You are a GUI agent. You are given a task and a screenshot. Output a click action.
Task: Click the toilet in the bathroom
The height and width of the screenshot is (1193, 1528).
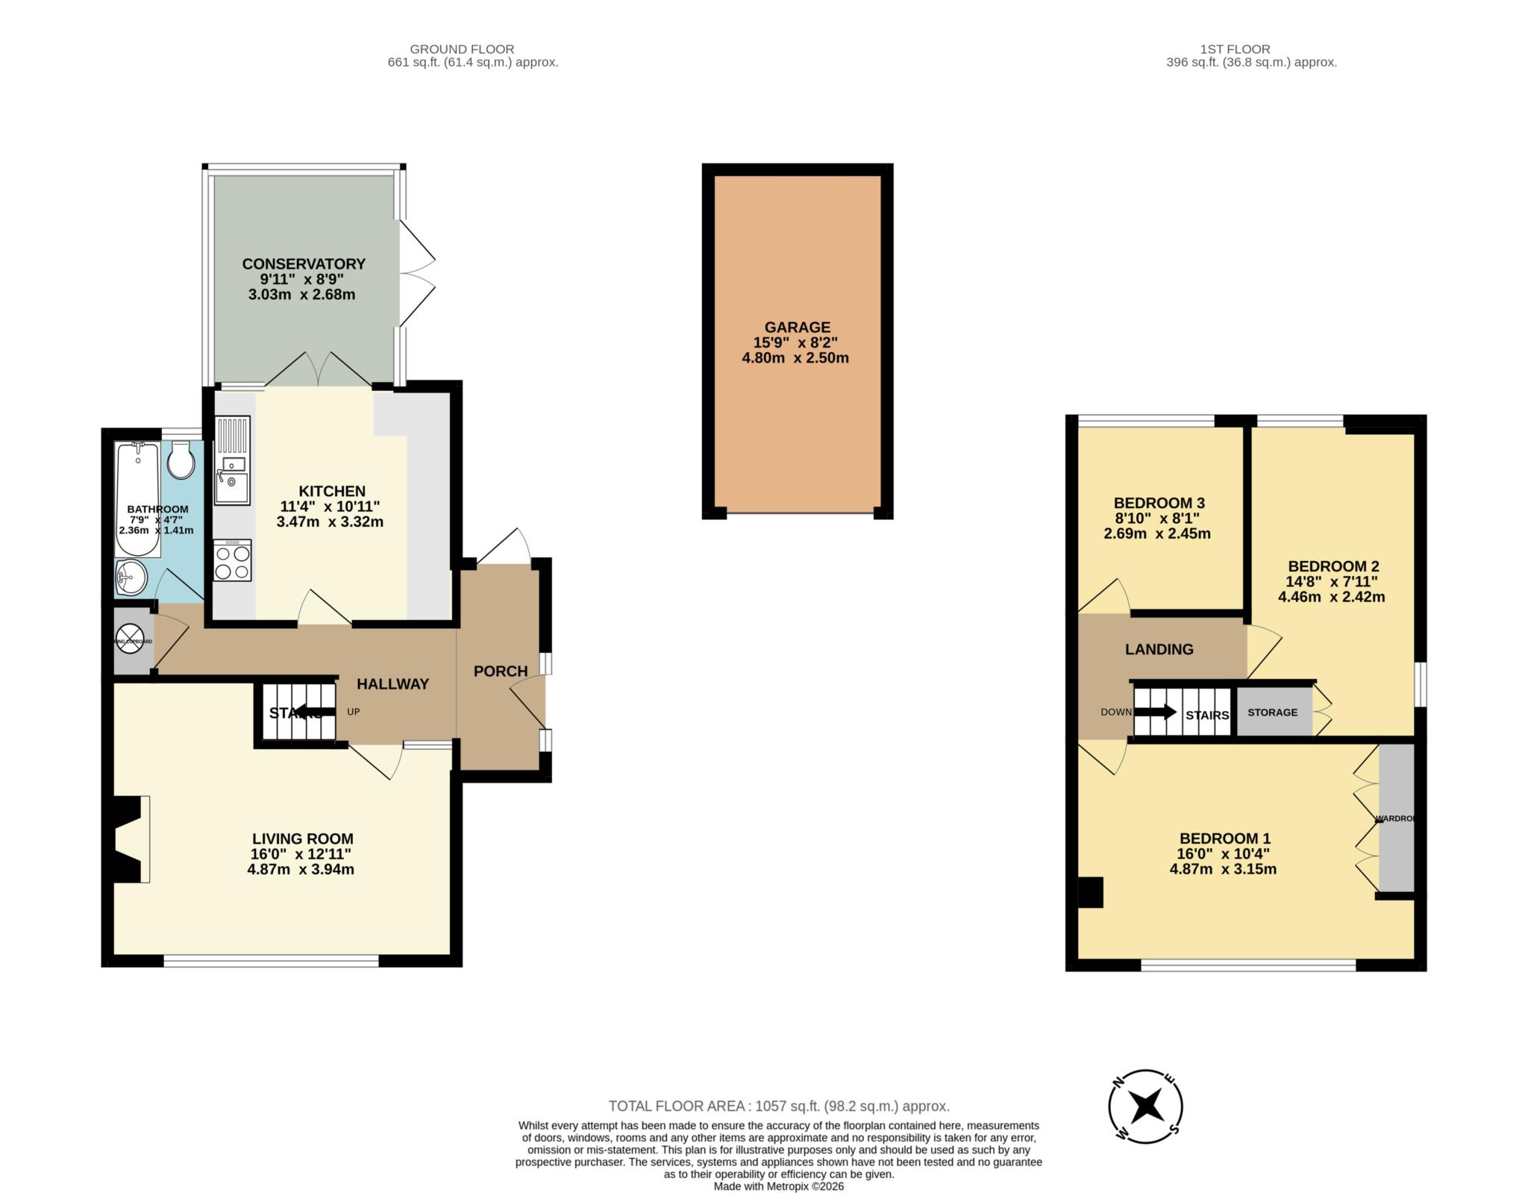click(181, 460)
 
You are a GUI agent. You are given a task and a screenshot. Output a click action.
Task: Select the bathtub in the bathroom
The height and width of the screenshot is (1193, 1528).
click(137, 498)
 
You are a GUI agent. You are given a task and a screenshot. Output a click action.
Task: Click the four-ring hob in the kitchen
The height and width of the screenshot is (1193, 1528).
click(232, 562)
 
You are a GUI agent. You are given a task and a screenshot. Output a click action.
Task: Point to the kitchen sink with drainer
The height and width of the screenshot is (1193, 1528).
click(232, 460)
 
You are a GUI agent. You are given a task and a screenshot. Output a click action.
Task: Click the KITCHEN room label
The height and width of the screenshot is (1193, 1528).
click(332, 491)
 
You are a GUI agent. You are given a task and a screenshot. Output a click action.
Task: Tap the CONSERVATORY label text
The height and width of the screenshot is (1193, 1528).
click(304, 263)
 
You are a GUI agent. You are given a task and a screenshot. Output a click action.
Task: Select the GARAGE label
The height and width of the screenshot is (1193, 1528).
click(797, 327)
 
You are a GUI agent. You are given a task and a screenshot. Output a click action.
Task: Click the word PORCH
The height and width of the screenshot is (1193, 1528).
click(501, 671)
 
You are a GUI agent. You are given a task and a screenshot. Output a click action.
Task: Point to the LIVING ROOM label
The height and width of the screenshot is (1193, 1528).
click(302, 839)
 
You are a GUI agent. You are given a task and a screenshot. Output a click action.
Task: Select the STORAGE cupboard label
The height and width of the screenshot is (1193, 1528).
click(1272, 713)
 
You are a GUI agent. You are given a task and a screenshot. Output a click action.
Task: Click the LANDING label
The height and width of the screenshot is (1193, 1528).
click(1159, 649)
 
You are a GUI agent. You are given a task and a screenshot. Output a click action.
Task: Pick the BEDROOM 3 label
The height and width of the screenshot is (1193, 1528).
click(1159, 503)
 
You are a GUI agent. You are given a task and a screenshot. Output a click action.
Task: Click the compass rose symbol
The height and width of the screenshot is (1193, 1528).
click(1145, 1106)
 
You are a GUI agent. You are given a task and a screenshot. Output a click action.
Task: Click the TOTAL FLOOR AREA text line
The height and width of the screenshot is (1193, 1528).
click(779, 1106)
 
